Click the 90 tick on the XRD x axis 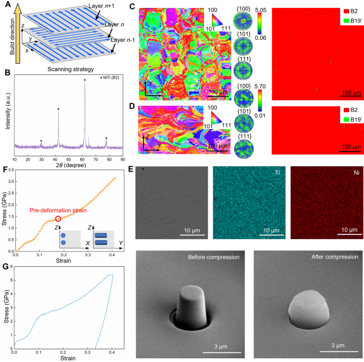[122, 159]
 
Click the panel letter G [5, 266]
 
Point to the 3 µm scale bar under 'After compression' [336, 351]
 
